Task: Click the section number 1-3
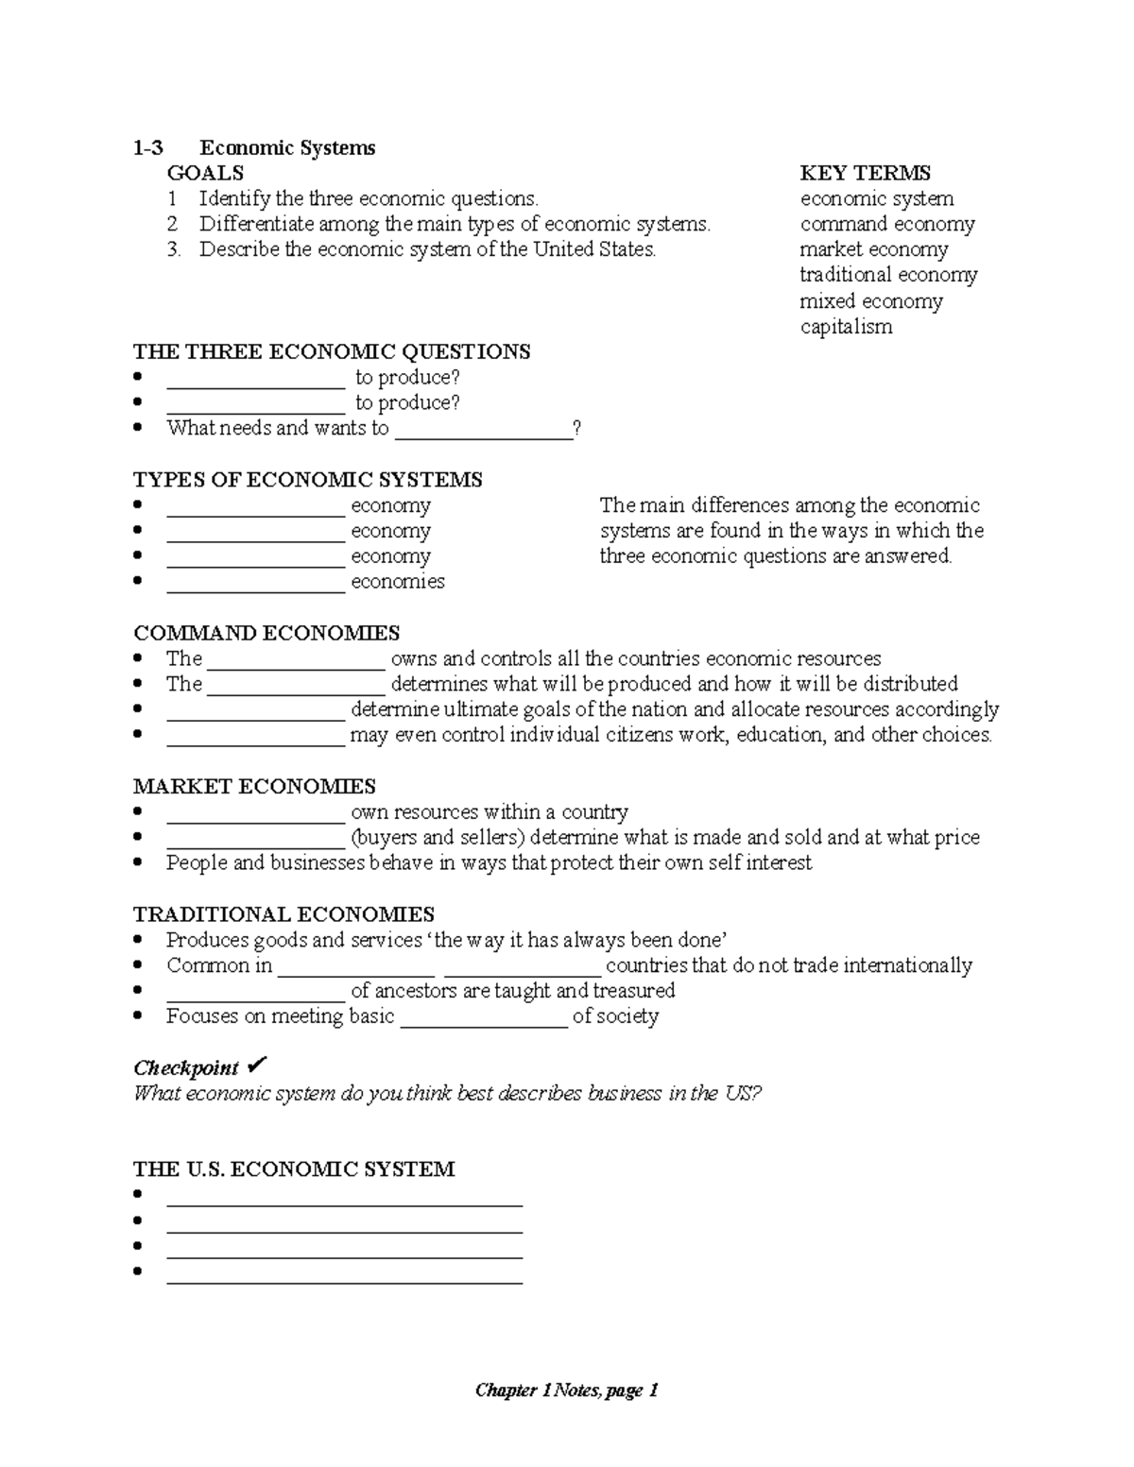pos(148,148)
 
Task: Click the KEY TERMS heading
pos(865,173)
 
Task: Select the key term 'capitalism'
pos(846,327)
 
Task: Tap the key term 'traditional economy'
pos(888,275)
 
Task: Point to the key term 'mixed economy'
pos(871,301)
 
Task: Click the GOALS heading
pos(205,173)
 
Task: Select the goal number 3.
pos(173,250)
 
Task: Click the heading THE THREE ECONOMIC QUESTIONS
pos(332,352)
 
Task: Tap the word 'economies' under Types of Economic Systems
pos(397,582)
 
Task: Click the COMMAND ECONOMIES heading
pos(266,633)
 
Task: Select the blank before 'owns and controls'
pos(296,660)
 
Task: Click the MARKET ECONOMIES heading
pos(254,787)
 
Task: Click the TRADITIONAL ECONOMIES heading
pos(283,914)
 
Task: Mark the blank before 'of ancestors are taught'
pos(255,992)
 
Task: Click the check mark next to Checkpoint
pos(256,1066)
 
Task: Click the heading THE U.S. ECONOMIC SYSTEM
pos(294,1169)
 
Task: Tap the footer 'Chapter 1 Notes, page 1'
pos(566,1390)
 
